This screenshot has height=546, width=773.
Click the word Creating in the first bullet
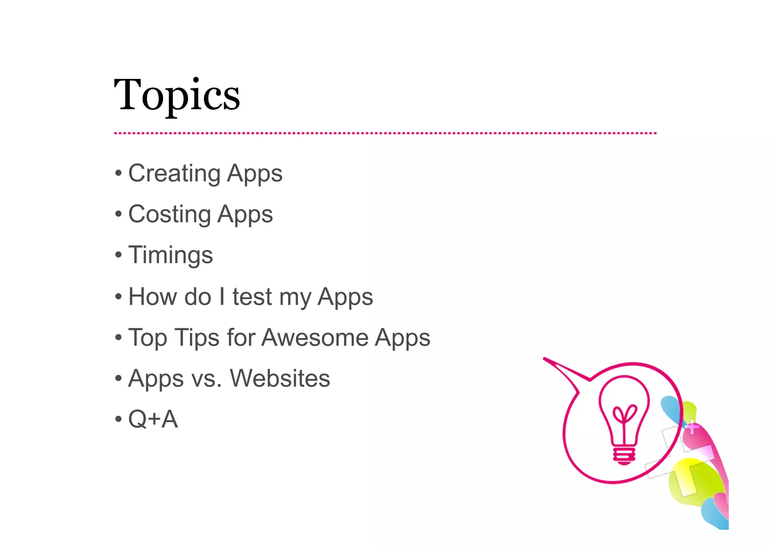(x=174, y=173)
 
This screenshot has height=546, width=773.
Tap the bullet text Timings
(x=171, y=255)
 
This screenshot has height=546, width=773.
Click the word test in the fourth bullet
(x=252, y=297)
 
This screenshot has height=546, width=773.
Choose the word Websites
(x=280, y=378)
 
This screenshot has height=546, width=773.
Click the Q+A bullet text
(x=153, y=419)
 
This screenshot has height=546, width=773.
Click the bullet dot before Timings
(x=119, y=255)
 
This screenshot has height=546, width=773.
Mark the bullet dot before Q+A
(x=119, y=419)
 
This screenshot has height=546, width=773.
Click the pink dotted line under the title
(x=385, y=133)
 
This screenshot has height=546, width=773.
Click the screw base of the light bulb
(x=624, y=455)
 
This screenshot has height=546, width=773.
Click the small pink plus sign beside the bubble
(x=692, y=428)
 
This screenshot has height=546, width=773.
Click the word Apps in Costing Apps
(x=245, y=214)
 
